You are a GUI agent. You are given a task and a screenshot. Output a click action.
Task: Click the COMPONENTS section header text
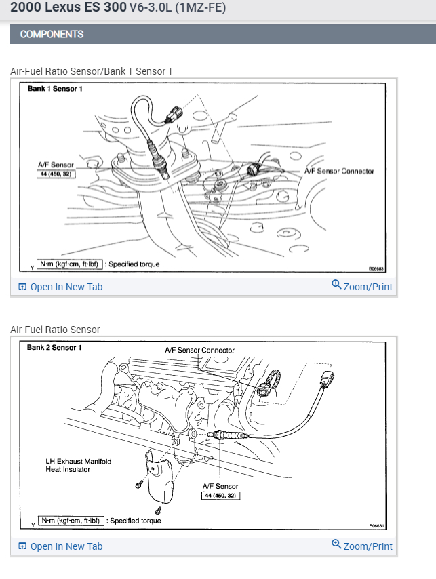(x=52, y=34)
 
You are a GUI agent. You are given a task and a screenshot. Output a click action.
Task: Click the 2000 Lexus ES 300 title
(x=68, y=9)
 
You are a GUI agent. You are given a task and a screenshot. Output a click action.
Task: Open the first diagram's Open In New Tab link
(x=66, y=287)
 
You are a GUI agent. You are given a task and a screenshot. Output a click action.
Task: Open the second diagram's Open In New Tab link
(x=66, y=546)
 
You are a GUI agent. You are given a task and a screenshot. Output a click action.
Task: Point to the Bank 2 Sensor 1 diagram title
(x=54, y=348)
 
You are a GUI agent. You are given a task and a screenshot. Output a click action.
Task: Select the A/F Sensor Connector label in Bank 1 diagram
(x=339, y=171)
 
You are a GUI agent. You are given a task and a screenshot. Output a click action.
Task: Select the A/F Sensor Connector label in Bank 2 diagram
(x=199, y=351)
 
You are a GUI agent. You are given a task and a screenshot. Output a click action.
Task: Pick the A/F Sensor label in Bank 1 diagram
(x=56, y=165)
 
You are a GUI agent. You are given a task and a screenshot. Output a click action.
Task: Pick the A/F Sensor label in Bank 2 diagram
(x=220, y=486)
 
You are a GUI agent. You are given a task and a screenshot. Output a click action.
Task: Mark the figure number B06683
(x=376, y=268)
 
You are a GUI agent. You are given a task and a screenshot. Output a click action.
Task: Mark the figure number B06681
(x=377, y=525)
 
